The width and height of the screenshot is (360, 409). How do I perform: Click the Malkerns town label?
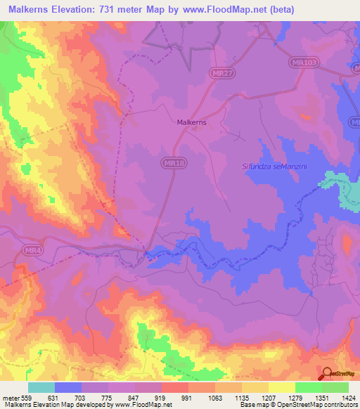tap(191, 122)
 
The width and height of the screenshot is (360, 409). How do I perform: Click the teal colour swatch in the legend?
tap(41, 387)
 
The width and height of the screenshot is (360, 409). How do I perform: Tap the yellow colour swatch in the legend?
tap(282, 387)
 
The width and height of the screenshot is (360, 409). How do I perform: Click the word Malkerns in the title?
tap(29, 10)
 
